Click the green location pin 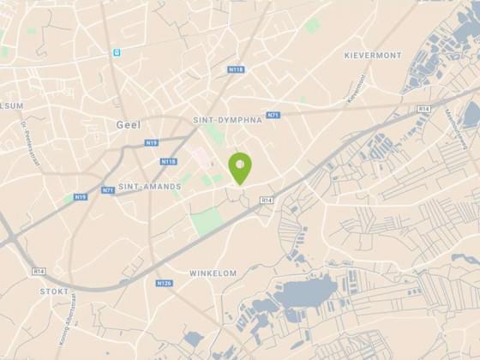pyautogui.click(x=240, y=165)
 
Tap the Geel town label pyautogui.click(x=127, y=125)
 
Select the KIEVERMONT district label pyautogui.click(x=372, y=55)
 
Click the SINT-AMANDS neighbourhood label pyautogui.click(x=149, y=186)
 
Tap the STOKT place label pyautogui.click(x=54, y=291)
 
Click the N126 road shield pyautogui.click(x=164, y=283)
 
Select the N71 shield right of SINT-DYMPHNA pyautogui.click(x=273, y=115)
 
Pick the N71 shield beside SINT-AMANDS pyautogui.click(x=108, y=190)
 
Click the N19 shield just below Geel pyautogui.click(x=151, y=143)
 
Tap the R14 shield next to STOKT pyautogui.click(x=39, y=271)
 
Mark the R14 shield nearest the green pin pyautogui.click(x=267, y=200)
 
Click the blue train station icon pyautogui.click(x=115, y=52)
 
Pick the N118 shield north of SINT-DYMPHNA pyautogui.click(x=236, y=69)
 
